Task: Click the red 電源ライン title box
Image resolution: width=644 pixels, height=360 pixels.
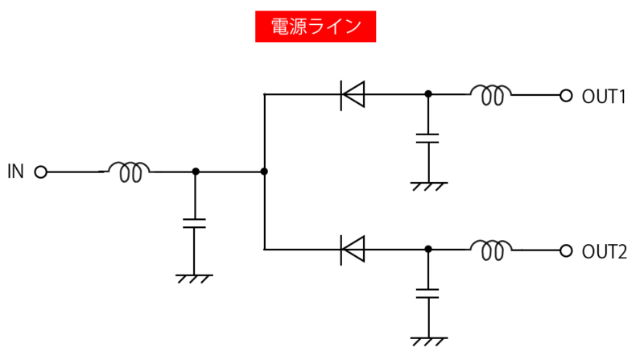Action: [x=316, y=27]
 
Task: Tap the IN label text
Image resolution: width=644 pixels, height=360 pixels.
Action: [x=16, y=172]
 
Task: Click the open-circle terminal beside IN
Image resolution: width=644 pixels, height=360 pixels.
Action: [x=41, y=172]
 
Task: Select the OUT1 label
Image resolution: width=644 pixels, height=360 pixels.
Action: [x=604, y=96]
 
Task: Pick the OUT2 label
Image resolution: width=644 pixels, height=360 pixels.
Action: [x=604, y=251]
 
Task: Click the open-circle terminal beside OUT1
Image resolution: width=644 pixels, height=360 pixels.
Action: [x=566, y=95]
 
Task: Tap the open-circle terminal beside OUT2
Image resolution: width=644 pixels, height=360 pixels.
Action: [x=566, y=250]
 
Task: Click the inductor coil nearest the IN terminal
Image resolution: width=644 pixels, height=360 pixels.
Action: [x=129, y=171]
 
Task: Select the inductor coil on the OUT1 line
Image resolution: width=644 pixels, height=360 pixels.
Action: [x=490, y=95]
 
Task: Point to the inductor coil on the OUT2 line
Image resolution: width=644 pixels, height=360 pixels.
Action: [x=490, y=250]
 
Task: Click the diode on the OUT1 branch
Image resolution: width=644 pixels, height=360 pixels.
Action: [x=353, y=95]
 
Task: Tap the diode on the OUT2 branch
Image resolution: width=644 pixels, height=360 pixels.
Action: [x=353, y=250]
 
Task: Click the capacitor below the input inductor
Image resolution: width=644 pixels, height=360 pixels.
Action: [x=194, y=222]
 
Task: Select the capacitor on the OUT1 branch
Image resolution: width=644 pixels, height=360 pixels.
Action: [x=428, y=135]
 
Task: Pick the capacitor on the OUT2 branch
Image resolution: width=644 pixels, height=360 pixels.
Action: [x=428, y=291]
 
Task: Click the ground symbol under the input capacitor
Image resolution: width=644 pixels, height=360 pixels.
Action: [x=194, y=278]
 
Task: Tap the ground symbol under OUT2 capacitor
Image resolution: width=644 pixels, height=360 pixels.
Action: [x=428, y=341]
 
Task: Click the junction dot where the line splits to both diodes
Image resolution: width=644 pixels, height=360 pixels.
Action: [x=264, y=172]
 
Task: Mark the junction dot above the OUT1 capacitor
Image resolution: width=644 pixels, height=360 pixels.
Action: [x=428, y=94]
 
